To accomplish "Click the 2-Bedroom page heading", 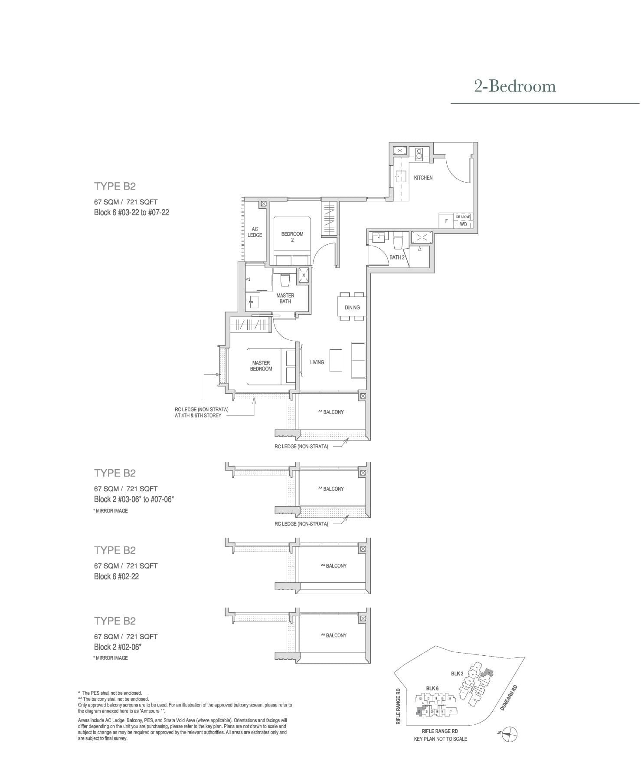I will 515,86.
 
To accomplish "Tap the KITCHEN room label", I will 423,178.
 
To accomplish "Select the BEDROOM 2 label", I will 292,237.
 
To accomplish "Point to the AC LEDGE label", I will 255,232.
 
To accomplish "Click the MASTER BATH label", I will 285,298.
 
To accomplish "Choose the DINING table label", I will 352,307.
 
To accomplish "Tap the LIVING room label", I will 317,362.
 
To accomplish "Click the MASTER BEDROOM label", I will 261,365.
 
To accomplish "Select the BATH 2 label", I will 397,257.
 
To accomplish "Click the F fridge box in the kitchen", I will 446,221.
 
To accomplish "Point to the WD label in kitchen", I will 463,224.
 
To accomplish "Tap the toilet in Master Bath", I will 285,280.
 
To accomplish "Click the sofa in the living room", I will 358,360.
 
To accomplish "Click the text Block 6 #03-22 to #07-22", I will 131,213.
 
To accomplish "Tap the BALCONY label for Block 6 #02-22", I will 334,565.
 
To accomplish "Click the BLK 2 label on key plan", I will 457,674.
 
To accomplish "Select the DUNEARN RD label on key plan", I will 509,698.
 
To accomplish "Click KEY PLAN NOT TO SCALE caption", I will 440,739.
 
